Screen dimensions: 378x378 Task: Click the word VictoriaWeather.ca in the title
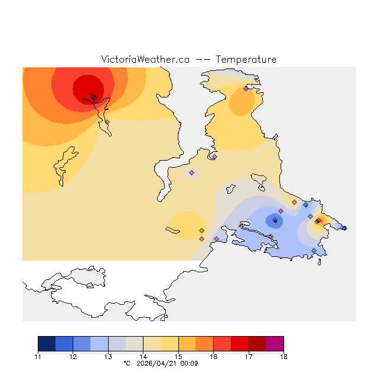(145, 60)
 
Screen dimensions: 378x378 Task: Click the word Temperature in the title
(246, 60)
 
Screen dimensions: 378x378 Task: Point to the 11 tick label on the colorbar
(38, 357)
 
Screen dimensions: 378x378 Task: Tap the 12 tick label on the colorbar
(73, 357)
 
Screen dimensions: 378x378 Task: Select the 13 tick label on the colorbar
(108, 357)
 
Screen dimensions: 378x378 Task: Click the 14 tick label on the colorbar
(143, 357)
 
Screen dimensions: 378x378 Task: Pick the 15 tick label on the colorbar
(178, 357)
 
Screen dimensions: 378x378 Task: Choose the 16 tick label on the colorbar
(213, 357)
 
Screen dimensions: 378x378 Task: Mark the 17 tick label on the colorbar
(249, 357)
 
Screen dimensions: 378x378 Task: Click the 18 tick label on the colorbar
(283, 357)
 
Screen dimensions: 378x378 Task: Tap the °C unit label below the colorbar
(126, 363)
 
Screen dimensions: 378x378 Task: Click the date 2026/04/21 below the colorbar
(155, 363)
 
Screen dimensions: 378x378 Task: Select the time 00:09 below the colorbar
(189, 363)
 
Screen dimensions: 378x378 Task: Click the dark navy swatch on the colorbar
(47, 344)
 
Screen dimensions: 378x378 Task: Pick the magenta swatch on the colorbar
(275, 344)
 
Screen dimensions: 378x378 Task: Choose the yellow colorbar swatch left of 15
(170, 344)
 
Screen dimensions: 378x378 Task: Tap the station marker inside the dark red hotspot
(94, 97)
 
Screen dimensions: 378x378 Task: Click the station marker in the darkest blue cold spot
(275, 221)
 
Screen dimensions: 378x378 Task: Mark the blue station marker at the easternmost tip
(344, 228)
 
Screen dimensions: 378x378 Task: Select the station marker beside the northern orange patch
(246, 89)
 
